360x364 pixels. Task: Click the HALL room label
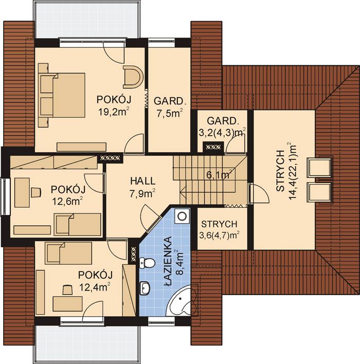(142, 181)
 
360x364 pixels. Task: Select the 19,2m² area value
(113, 112)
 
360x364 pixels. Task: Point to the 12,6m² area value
(67, 201)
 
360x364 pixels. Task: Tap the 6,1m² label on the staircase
(219, 175)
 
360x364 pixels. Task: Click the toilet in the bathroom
(147, 263)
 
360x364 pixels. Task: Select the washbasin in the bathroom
(145, 288)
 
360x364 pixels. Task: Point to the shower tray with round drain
(183, 216)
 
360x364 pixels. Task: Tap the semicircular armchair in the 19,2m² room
(133, 77)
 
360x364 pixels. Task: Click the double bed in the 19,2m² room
(62, 95)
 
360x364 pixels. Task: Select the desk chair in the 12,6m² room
(36, 192)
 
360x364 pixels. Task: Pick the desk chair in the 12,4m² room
(67, 290)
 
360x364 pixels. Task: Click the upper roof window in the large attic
(319, 168)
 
